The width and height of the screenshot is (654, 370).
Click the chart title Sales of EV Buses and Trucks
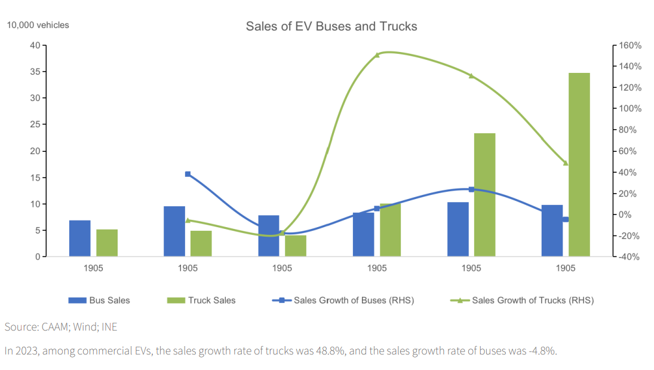pyautogui.click(x=331, y=26)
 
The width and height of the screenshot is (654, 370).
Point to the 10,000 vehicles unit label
pyautogui.click(x=38, y=25)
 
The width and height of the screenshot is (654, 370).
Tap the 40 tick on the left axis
pyautogui.click(x=35, y=45)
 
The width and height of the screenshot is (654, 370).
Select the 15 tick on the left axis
pyautogui.click(x=35, y=178)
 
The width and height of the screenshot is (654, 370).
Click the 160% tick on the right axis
pyautogui.click(x=630, y=45)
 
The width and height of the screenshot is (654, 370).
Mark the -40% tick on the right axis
pyautogui.click(x=630, y=257)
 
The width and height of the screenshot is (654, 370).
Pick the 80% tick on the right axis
pyautogui.click(x=630, y=130)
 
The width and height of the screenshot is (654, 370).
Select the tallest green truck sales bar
pyautogui.click(x=579, y=165)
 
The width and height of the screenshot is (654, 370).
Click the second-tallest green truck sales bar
pyautogui.click(x=484, y=195)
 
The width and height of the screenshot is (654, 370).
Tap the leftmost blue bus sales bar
pyautogui.click(x=79, y=238)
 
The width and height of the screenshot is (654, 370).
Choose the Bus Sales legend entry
pyautogui.click(x=99, y=300)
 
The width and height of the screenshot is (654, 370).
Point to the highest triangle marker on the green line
pyautogui.click(x=377, y=55)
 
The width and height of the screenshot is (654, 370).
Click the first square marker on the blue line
pyautogui.click(x=188, y=174)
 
